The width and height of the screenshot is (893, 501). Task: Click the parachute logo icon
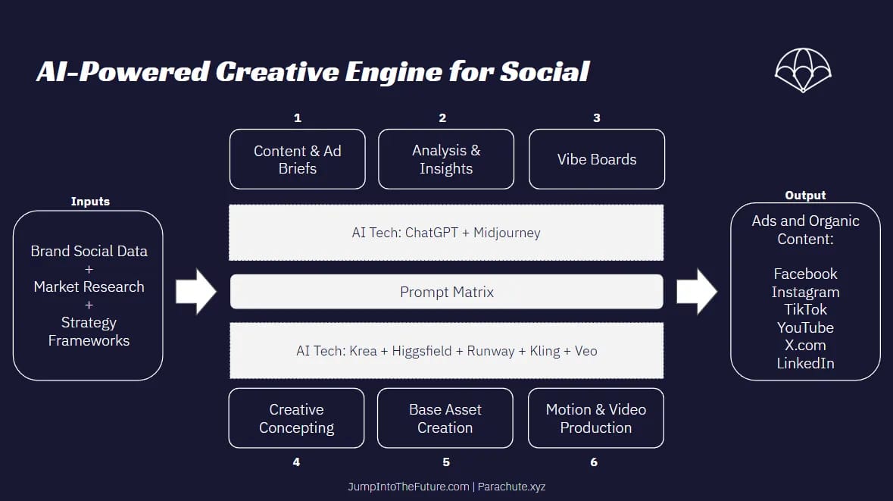803,70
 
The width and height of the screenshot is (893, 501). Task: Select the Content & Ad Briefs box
297,159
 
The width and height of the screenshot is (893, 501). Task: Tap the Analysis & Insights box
446,159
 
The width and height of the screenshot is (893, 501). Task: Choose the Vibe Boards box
597,159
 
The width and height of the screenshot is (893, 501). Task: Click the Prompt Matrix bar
447,292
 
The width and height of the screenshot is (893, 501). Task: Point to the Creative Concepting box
296,418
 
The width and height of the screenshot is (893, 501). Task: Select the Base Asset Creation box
445,418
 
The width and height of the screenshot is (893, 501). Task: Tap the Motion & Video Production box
596,418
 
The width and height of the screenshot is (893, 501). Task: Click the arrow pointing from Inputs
196,292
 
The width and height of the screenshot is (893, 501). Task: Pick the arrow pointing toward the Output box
697,292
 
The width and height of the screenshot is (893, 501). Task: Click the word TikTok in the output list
805,309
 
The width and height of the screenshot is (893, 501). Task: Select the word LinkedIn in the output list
805,363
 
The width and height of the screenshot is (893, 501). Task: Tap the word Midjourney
507,233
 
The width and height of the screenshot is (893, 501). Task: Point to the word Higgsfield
421,351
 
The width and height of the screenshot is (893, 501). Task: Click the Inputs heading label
90,201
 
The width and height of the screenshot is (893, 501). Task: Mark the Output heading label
805,195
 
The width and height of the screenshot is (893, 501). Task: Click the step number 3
596,118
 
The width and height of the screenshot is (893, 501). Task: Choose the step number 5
446,462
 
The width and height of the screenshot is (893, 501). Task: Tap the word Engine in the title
392,73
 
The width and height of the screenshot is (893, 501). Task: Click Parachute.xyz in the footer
511,487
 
